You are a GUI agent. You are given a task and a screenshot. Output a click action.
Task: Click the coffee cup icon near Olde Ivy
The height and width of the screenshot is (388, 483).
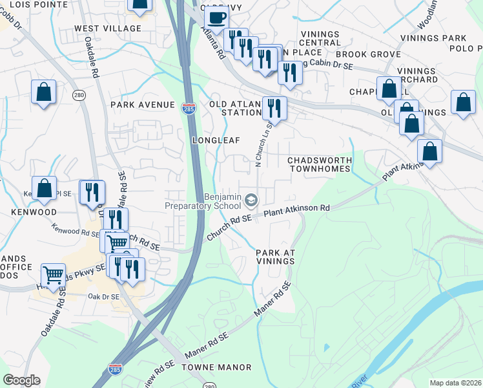tap(216, 17)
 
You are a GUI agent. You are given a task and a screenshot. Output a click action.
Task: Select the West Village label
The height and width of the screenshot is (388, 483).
tap(108, 28)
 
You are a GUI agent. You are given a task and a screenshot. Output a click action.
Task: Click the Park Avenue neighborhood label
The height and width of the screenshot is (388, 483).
tap(143, 105)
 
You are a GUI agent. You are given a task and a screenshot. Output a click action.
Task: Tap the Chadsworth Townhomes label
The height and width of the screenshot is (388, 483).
tap(320, 164)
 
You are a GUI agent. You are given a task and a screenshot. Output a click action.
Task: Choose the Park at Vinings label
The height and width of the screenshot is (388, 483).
tap(275, 257)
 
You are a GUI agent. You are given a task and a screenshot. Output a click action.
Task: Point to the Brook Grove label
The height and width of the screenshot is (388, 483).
tap(359, 55)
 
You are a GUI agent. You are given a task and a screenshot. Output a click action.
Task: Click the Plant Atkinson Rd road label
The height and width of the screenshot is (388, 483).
tap(297, 209)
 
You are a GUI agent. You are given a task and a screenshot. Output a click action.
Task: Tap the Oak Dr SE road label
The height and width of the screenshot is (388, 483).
tap(103, 297)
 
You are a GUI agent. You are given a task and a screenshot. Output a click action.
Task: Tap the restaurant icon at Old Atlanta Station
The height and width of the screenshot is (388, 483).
tap(274, 107)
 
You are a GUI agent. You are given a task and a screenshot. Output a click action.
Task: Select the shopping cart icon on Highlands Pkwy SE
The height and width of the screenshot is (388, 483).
tap(53, 274)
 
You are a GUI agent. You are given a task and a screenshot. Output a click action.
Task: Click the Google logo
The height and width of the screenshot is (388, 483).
tap(21, 380)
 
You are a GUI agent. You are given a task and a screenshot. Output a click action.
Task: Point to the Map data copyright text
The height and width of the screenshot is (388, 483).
tap(455, 383)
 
